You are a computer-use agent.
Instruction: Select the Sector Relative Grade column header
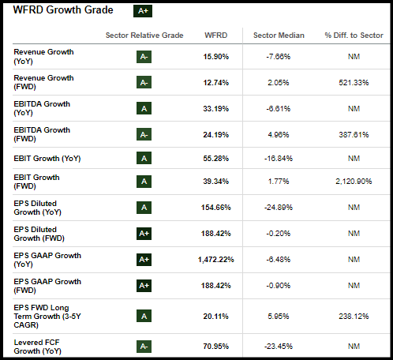(144, 36)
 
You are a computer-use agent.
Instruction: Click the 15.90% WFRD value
(216, 57)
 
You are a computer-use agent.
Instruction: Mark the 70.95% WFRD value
(216, 346)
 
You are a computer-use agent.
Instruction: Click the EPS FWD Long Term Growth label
(47, 316)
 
